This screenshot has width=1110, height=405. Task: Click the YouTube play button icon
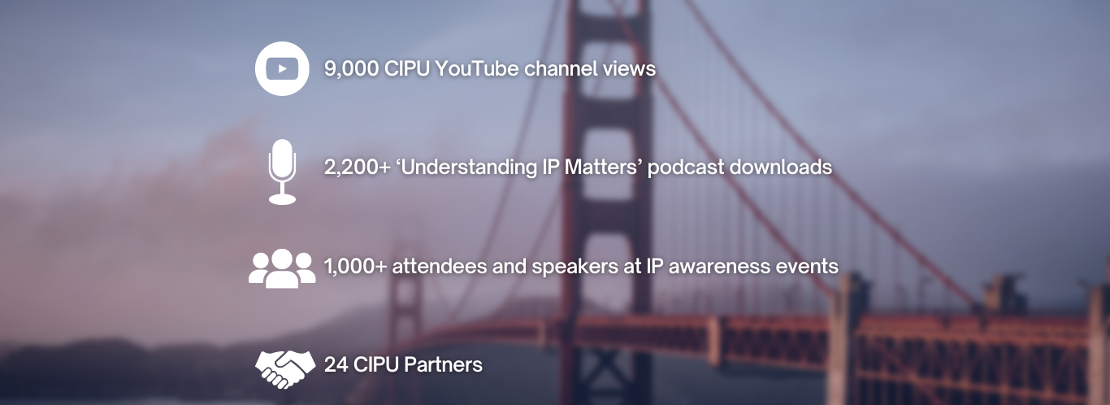282,68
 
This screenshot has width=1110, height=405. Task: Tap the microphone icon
282,172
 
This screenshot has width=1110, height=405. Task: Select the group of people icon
282,268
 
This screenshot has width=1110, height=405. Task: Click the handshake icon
285,369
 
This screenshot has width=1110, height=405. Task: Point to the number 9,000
351,69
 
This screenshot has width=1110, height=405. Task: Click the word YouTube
477,69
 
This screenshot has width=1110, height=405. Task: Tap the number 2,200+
358,168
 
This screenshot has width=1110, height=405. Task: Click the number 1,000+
355,267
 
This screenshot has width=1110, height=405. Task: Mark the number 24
336,365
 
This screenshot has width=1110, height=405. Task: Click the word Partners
443,365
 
